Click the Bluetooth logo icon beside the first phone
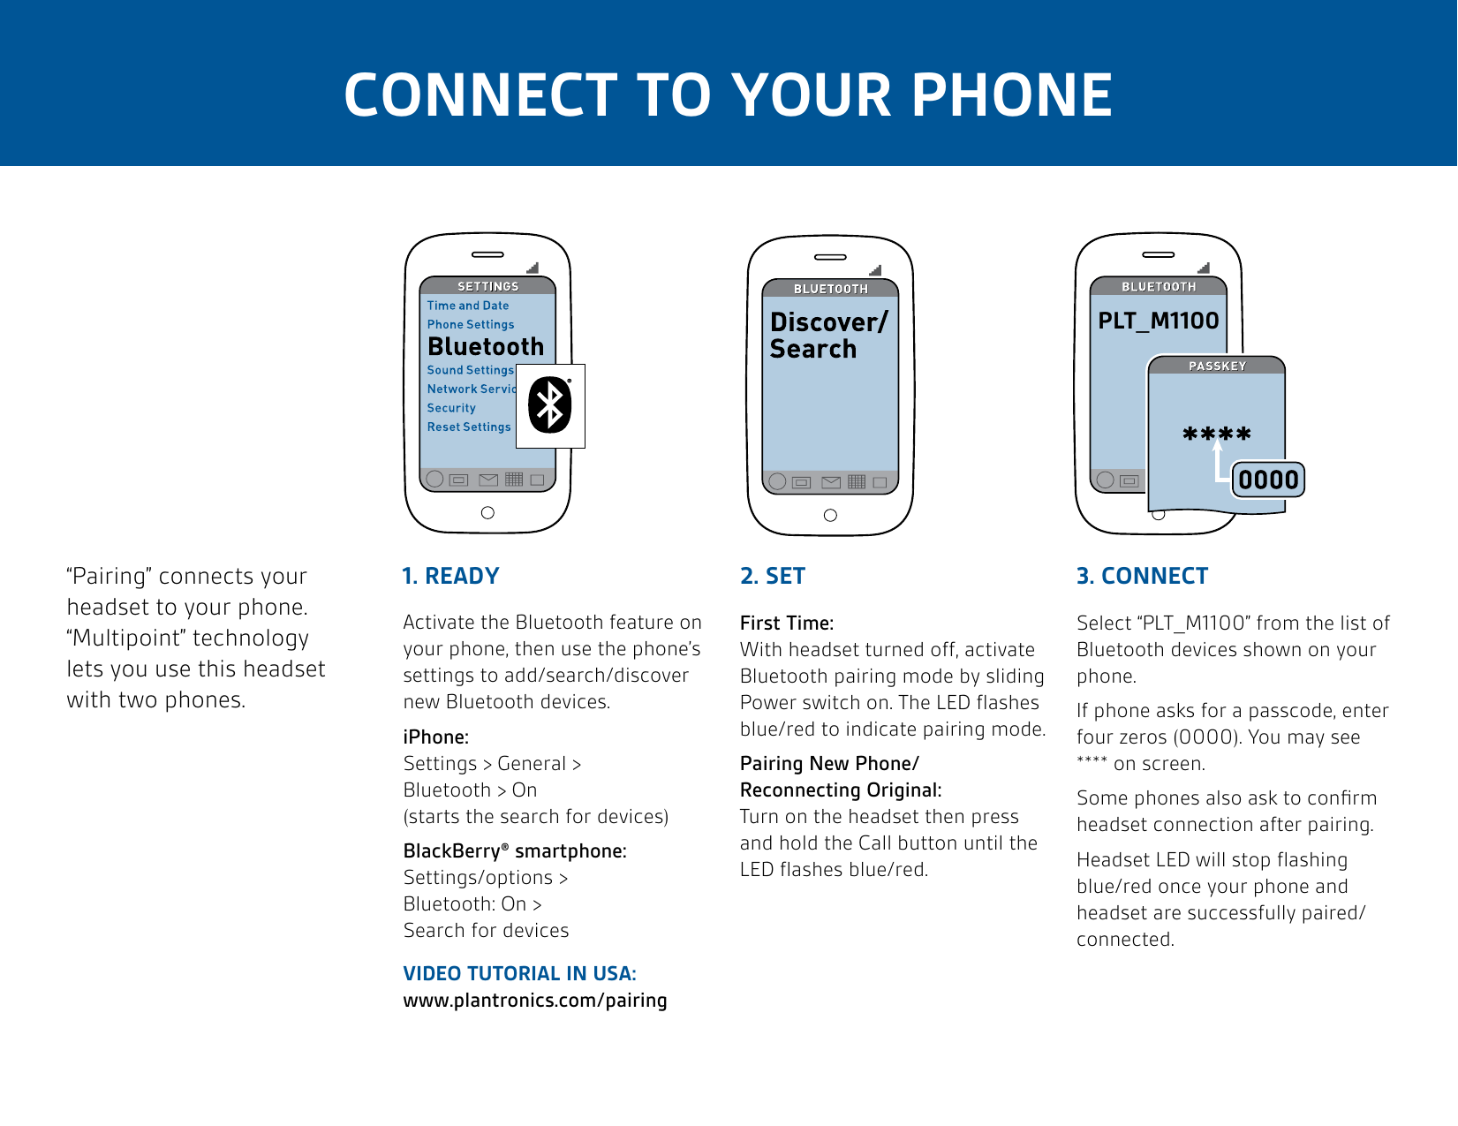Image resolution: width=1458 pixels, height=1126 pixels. pos(550,405)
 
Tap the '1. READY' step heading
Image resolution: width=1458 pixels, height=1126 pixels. pos(450,576)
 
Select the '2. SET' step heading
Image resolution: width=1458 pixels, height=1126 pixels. pos(773,576)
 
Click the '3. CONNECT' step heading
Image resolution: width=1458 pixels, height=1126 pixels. pos(1142,576)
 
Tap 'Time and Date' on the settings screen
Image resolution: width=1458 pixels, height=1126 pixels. pos(468,306)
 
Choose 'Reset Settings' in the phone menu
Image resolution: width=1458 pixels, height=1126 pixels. pos(469,427)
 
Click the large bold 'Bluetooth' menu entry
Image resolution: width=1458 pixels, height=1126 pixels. pos(486,346)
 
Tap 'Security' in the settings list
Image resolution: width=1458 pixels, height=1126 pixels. pos(451,408)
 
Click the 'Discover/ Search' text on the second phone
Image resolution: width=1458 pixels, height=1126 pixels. pos(827,336)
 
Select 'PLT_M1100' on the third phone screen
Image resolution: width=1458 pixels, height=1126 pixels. pos(1158,321)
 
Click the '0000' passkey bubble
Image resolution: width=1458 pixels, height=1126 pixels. pos(1268,480)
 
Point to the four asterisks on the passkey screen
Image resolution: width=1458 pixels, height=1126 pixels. pos(1217,434)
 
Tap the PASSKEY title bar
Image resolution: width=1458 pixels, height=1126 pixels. pos(1217,366)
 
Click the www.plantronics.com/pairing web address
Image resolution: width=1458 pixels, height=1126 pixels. pos(535,1001)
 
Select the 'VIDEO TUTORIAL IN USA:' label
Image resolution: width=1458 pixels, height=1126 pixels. pos(519,973)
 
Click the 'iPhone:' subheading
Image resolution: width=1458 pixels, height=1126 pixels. pos(436,737)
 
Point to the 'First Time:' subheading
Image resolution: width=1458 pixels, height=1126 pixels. pos(787,623)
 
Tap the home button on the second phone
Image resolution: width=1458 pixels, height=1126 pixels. pos(830,515)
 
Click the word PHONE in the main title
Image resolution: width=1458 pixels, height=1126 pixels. pos(1011,94)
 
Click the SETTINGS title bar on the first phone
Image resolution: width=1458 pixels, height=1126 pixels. pos(487,286)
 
